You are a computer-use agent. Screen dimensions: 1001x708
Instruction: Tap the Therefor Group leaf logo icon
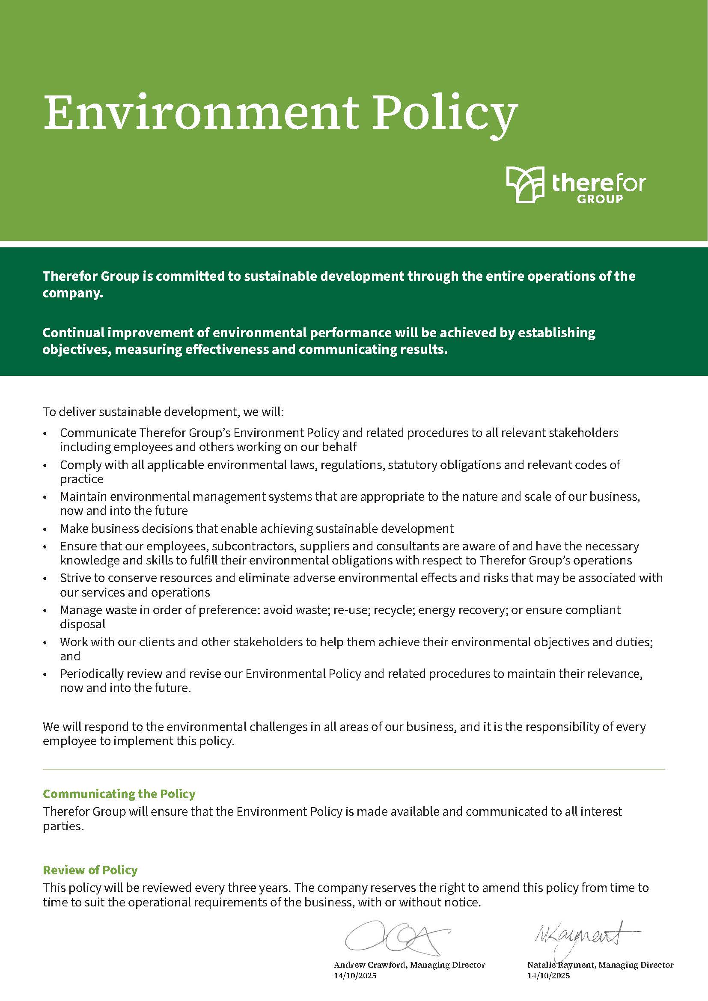pos(525,184)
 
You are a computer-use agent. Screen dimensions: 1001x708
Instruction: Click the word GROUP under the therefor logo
pos(600,200)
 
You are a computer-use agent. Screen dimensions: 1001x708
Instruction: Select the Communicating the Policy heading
pos(119,794)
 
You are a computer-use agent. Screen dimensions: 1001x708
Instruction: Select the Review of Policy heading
pos(90,870)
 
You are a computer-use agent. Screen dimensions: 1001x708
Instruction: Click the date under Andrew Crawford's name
pos(355,976)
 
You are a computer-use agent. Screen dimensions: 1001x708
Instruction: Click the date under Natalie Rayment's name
pos(548,976)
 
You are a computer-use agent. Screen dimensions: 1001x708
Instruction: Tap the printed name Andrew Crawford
pos(370,965)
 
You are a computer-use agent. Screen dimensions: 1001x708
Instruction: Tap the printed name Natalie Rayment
pos(561,965)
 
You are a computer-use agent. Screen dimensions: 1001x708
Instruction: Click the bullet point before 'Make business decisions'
pos(45,530)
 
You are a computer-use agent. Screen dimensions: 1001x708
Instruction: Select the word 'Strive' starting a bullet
pos(76,578)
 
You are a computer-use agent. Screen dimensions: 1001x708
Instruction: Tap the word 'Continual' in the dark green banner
pos(73,333)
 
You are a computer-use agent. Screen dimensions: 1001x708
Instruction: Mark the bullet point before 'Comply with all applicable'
pos(45,466)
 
